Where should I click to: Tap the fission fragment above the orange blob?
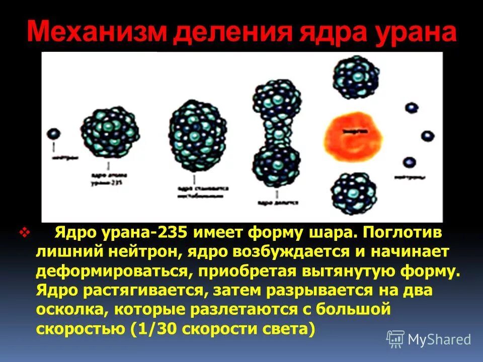point(356,77)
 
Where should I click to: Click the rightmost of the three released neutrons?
point(428,136)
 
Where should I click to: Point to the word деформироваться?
point(111,271)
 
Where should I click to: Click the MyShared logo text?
point(439,339)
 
